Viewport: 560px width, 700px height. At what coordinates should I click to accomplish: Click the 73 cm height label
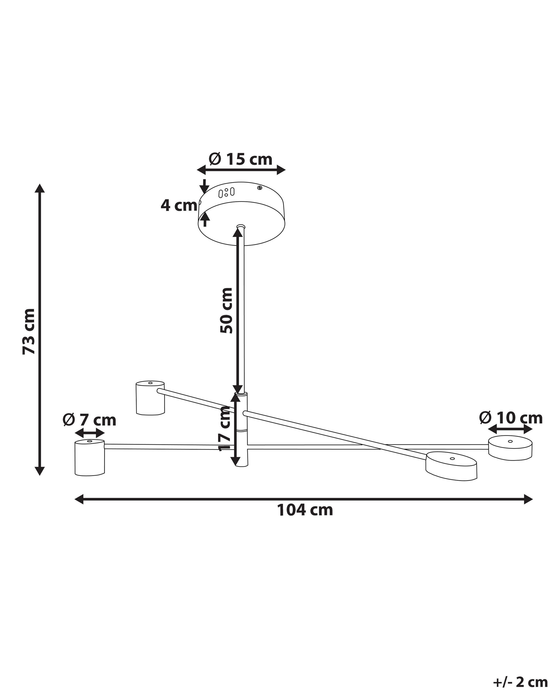tap(29, 331)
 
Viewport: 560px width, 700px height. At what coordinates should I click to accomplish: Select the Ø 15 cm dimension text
tap(241, 159)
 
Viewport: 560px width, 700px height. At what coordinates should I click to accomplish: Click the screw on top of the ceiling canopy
tap(259, 188)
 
